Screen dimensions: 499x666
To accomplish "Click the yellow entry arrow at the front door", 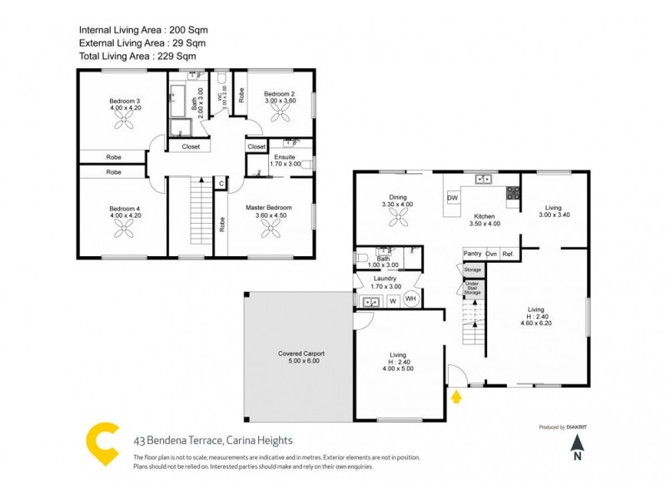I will click(455, 397).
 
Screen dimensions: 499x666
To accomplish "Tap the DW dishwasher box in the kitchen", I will click(453, 198).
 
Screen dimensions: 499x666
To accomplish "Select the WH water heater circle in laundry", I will click(410, 299).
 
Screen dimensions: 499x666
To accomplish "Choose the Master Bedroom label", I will click(268, 207).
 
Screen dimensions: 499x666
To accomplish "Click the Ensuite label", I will click(284, 157).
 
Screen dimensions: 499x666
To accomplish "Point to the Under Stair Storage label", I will click(473, 289).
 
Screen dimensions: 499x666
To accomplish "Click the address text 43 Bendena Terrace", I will click(213, 442).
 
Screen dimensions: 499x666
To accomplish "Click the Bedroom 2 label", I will click(280, 94).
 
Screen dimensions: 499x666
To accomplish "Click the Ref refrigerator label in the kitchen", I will click(507, 254).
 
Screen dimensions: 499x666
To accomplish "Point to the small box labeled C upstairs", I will click(221, 183).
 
